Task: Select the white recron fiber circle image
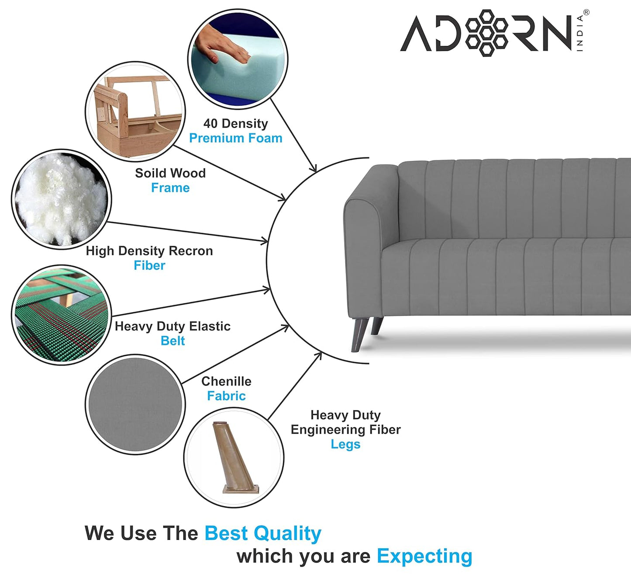(61, 199)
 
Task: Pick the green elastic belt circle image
(61, 315)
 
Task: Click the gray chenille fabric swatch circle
(135, 404)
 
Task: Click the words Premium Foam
(235, 138)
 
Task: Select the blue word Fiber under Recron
(149, 265)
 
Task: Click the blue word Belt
(172, 341)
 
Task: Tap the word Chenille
(226, 381)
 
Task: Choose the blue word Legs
(345, 444)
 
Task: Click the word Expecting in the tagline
(424, 556)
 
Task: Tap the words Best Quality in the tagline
(263, 533)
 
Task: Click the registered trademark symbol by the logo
(586, 13)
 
